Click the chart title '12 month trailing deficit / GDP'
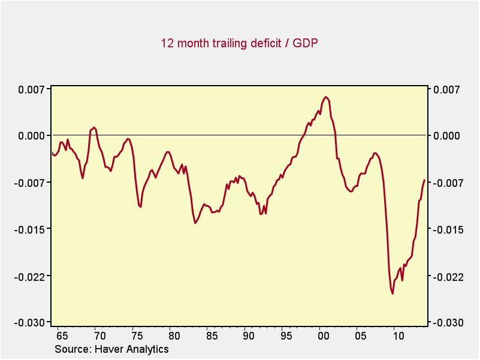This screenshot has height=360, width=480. (x=239, y=43)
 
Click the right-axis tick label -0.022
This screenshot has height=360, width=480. (x=446, y=276)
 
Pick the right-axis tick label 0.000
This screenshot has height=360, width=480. (x=446, y=136)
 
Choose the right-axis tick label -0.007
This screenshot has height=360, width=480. (x=446, y=183)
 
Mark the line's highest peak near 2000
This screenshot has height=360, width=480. (x=325, y=97)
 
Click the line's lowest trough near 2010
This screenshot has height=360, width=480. (x=393, y=294)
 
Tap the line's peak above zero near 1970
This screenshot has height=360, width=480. (x=94, y=127)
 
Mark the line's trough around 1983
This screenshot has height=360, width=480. (x=195, y=223)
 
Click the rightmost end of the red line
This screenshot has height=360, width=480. (x=424, y=180)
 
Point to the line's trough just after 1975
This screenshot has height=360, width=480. (x=140, y=207)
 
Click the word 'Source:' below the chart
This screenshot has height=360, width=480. (x=71, y=349)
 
